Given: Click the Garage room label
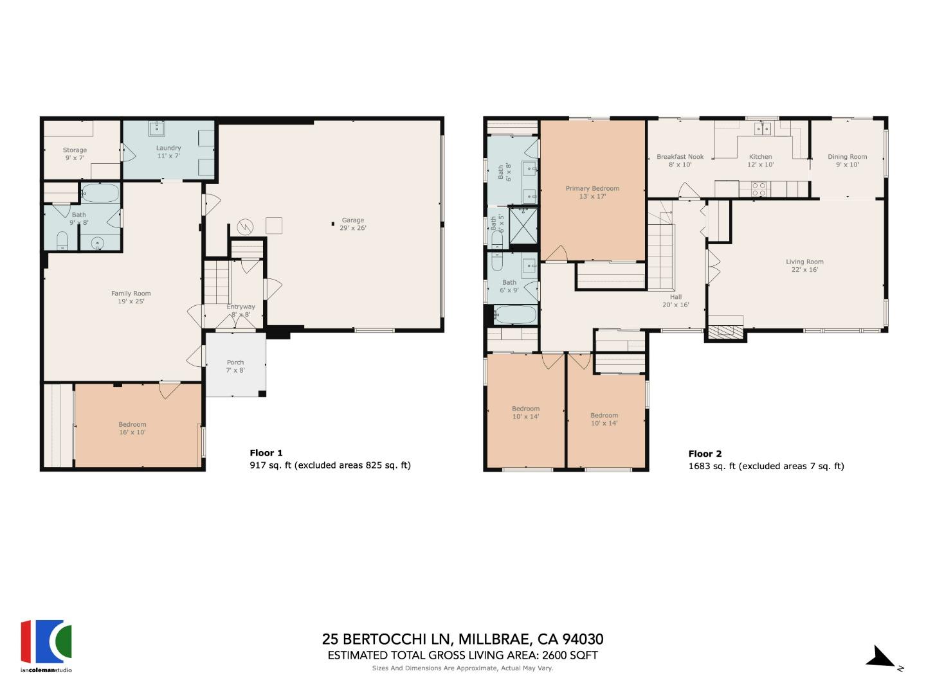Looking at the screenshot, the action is tap(352, 224).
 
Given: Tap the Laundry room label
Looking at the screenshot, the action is tap(168, 152).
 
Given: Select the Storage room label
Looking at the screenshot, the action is tap(75, 154).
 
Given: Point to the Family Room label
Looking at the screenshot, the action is tap(131, 297).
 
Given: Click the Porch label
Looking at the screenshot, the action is tap(235, 366).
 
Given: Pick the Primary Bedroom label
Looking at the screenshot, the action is tap(592, 192).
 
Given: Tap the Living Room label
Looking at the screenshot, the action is tap(804, 265).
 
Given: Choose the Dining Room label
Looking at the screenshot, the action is tap(847, 161).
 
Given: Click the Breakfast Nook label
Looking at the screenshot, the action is tap(680, 161).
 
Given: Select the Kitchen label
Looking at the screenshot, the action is tap(760, 161).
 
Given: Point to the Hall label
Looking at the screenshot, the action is tap(675, 301).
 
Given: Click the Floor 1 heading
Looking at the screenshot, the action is tap(266, 453).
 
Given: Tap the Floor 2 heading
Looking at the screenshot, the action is tap(705, 454).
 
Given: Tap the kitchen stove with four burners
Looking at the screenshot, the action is tap(759, 189).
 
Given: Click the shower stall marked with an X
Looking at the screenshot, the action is tap(523, 226).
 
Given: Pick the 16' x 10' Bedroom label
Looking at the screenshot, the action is tap(132, 428).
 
